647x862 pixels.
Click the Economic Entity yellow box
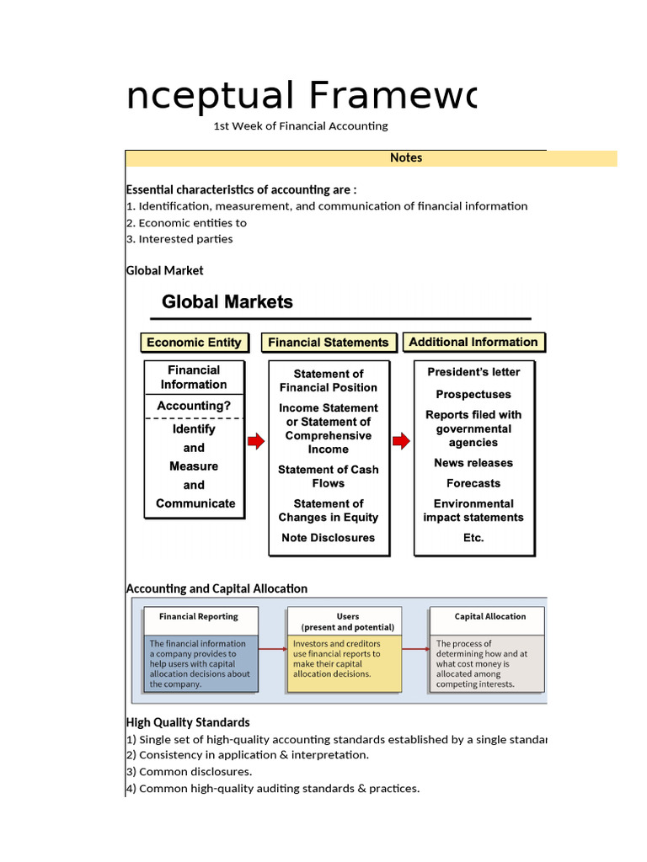pyautogui.click(x=194, y=343)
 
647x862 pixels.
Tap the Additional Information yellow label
pyautogui.click(x=473, y=342)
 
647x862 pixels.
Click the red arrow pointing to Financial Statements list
pyautogui.click(x=255, y=441)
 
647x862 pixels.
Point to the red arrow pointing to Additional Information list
pyautogui.click(x=402, y=441)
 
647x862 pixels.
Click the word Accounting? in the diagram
pyautogui.click(x=194, y=406)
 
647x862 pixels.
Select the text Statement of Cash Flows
pyautogui.click(x=329, y=476)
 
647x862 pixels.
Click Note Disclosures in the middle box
pyautogui.click(x=329, y=538)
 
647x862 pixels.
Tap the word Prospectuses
pyautogui.click(x=473, y=394)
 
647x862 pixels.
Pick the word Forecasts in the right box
pyautogui.click(x=473, y=483)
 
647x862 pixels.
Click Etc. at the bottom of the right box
pyautogui.click(x=473, y=538)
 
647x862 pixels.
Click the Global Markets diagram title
pyautogui.click(x=227, y=301)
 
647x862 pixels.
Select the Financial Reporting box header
pyautogui.click(x=199, y=616)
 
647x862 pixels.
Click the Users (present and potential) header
pyautogui.click(x=347, y=621)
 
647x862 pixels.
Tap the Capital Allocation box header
pyautogui.click(x=489, y=616)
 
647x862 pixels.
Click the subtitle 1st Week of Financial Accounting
pyautogui.click(x=301, y=126)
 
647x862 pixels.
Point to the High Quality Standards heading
pyautogui.click(x=188, y=722)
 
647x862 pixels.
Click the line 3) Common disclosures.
pyautogui.click(x=190, y=772)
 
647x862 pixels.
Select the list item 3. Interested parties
pyautogui.click(x=179, y=239)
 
